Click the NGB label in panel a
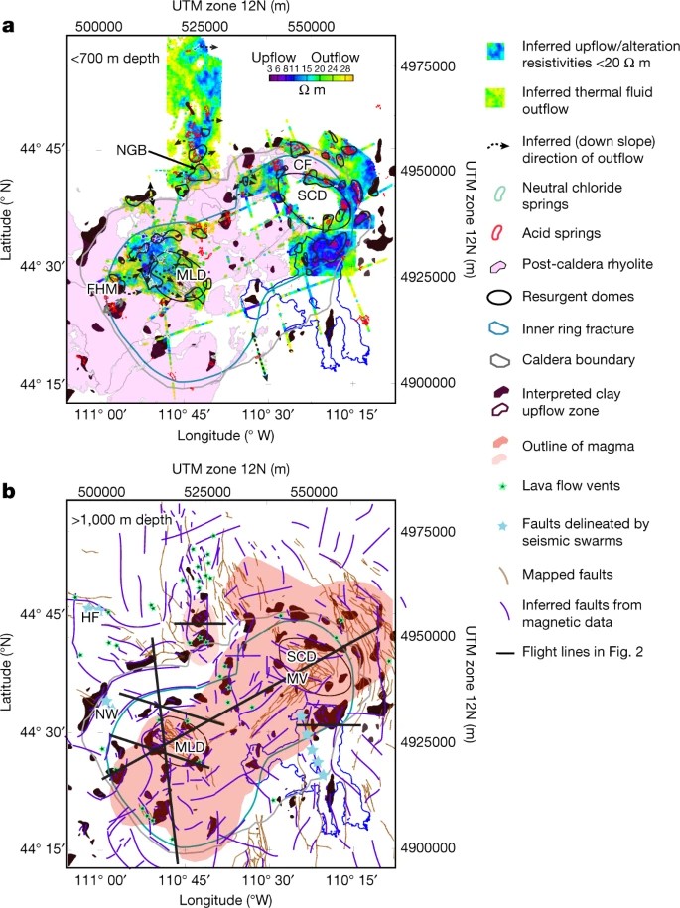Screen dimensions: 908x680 pos(130,150)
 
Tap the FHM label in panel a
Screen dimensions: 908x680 pos(102,288)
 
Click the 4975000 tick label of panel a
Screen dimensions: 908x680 pos(431,65)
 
